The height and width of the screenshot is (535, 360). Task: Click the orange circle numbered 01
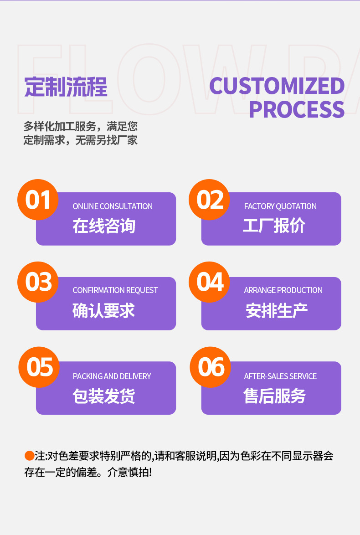pyautogui.click(x=38, y=200)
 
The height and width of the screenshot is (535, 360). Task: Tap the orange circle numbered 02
pyautogui.click(x=210, y=200)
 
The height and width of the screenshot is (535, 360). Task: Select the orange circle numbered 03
pyautogui.click(x=38, y=282)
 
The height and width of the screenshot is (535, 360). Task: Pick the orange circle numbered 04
pyautogui.click(x=210, y=282)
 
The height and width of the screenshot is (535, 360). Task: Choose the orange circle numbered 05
pyautogui.click(x=39, y=367)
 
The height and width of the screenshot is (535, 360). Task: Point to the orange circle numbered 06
pyautogui.click(x=211, y=367)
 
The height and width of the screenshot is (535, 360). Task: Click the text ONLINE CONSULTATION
pyautogui.click(x=113, y=206)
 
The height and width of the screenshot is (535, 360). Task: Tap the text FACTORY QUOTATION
pyautogui.click(x=280, y=206)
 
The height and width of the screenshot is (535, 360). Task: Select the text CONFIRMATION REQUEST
pyautogui.click(x=115, y=290)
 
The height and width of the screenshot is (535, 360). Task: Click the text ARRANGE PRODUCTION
pyautogui.click(x=283, y=290)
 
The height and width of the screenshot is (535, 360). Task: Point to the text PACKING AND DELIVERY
pyautogui.click(x=112, y=376)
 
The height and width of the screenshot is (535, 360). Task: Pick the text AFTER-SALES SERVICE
pyautogui.click(x=280, y=376)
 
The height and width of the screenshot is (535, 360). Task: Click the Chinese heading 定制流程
pyautogui.click(x=66, y=87)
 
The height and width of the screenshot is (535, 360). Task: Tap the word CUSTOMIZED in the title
pyautogui.click(x=277, y=86)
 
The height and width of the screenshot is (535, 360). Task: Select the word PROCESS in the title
pyautogui.click(x=296, y=110)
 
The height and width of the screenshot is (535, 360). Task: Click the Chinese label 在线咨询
pyautogui.click(x=104, y=226)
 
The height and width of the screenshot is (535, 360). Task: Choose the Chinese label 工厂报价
pyautogui.click(x=274, y=226)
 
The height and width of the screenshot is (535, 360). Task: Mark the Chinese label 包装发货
pyautogui.click(x=104, y=396)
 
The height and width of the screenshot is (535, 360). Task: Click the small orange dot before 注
pyautogui.click(x=29, y=456)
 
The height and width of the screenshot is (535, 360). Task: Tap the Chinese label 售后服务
pyautogui.click(x=274, y=396)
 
